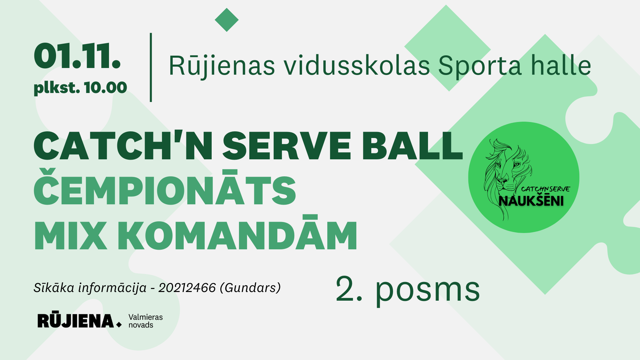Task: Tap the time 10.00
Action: (x=105, y=88)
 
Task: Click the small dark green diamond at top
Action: (x=227, y=20)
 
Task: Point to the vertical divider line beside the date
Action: (x=151, y=67)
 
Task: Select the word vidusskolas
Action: (x=357, y=65)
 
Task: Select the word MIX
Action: (x=70, y=236)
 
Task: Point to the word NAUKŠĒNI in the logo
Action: (x=531, y=200)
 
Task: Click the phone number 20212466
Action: (x=187, y=288)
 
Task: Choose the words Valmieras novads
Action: (x=146, y=321)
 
